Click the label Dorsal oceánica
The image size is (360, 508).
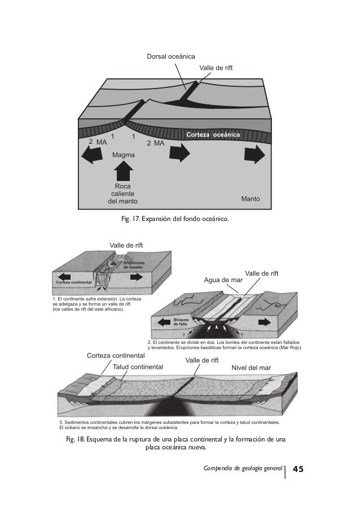pyautogui.click(x=171, y=56)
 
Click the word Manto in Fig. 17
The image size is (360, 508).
pyautogui.click(x=251, y=199)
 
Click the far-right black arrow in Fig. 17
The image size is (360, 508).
pyautogui.click(x=254, y=153)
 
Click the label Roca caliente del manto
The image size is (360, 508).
pyautogui.click(x=122, y=193)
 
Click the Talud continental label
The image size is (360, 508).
pyautogui.click(x=138, y=366)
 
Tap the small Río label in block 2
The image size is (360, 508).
pyautogui.click(x=278, y=306)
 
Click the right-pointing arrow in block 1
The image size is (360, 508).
pyautogui.click(x=137, y=277)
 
